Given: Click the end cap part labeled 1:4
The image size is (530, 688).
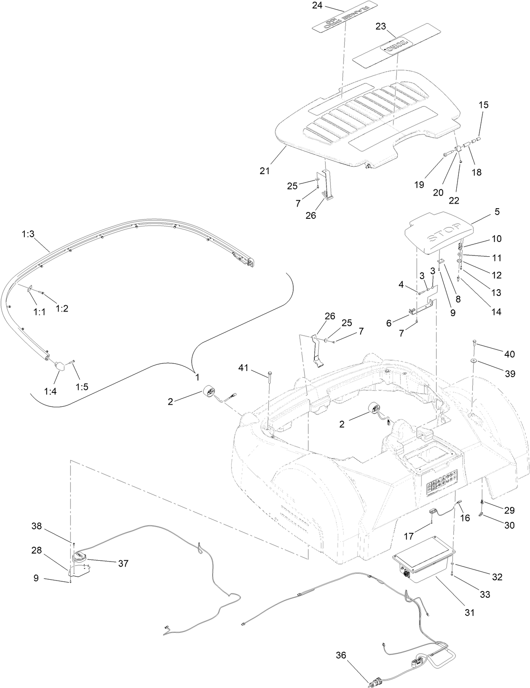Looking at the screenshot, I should click(59, 365).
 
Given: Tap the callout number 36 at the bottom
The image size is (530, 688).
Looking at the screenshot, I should click(341, 655).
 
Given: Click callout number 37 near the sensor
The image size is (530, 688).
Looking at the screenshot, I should click(123, 563).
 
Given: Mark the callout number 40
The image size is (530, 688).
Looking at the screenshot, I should click(509, 354).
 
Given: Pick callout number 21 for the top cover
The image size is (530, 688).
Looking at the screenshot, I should click(265, 171).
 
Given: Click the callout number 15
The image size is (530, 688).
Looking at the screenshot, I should click(484, 105).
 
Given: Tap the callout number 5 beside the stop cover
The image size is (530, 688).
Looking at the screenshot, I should click(497, 212).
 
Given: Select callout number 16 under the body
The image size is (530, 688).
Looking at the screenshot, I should click(465, 518).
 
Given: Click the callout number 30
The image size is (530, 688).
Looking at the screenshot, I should click(509, 525).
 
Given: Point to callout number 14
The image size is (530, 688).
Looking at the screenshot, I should click(496, 312).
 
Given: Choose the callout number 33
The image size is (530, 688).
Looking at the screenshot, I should click(485, 594).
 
